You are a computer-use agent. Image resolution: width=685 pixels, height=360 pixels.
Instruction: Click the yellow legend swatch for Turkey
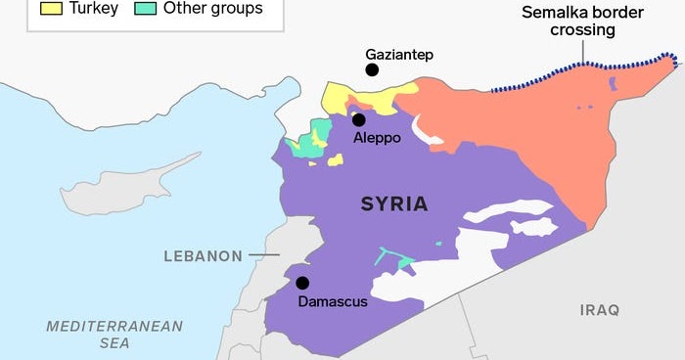tap(51, 9)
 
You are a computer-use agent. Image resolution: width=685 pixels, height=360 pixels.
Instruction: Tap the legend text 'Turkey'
tap(93, 9)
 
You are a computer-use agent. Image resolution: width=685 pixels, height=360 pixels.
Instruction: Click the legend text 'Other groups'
tap(213, 9)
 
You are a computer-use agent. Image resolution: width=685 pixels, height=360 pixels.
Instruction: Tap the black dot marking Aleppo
tap(359, 120)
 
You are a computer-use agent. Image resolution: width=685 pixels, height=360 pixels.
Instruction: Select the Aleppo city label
tap(376, 139)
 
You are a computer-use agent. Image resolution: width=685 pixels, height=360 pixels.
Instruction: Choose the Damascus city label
tap(332, 301)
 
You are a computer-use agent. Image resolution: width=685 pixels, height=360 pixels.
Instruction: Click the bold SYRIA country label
tap(394, 204)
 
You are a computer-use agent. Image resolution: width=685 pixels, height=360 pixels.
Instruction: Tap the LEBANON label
tap(203, 256)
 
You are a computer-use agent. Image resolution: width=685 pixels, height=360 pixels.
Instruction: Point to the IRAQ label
tap(600, 310)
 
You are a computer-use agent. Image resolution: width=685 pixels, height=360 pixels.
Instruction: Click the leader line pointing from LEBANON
tap(263, 256)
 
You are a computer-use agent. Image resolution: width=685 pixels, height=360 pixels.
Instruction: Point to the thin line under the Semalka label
tap(584, 54)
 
